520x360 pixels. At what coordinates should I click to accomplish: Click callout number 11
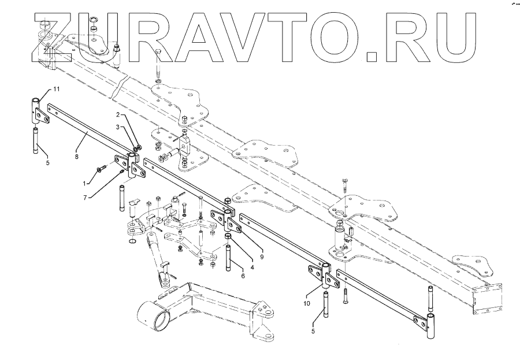57,88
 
